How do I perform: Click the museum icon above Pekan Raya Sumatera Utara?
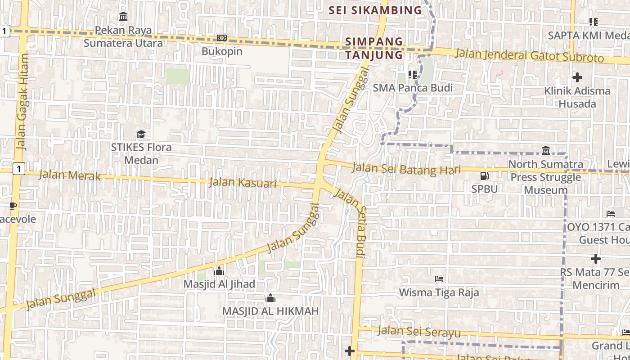(123, 17)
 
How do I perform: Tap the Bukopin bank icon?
(221, 38)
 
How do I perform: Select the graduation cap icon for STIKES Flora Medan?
(141, 134)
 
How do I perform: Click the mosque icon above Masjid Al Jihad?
(219, 271)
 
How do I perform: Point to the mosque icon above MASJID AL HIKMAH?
(270, 298)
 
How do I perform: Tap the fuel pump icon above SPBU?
(484, 176)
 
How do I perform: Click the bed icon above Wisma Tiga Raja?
(439, 279)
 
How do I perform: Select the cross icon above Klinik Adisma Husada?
(577, 77)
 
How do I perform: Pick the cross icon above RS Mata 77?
(595, 259)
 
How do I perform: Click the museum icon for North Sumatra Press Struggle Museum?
(545, 150)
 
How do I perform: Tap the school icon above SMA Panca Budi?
(412, 74)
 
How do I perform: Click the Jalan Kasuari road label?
(243, 183)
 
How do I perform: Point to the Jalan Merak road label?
(69, 175)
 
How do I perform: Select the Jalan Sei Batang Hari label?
(406, 169)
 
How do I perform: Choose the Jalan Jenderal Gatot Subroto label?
(529, 56)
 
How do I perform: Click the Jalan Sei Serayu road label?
(419, 332)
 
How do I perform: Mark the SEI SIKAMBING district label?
(375, 10)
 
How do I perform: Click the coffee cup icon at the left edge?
(13, 206)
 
